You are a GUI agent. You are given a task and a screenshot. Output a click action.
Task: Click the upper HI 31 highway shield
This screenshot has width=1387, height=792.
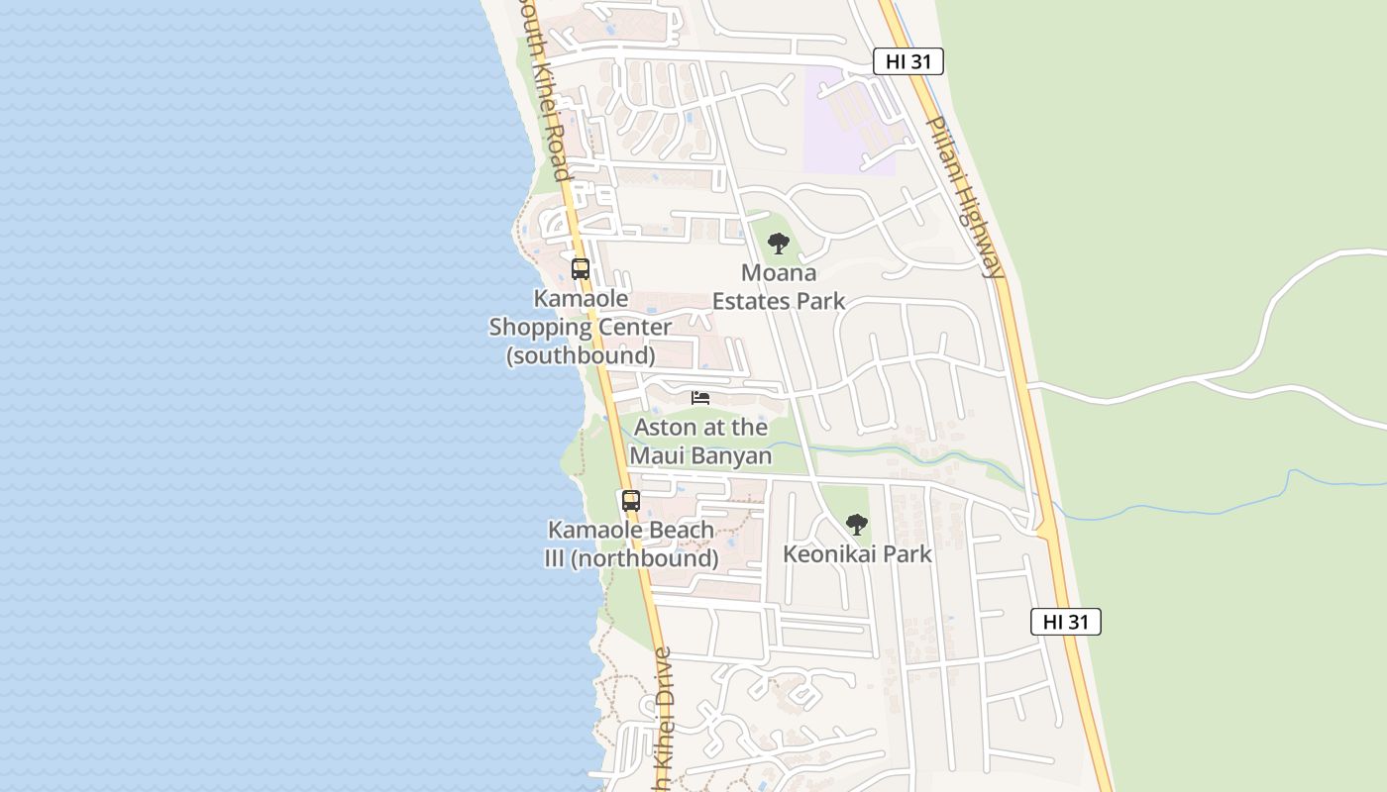[x=907, y=61]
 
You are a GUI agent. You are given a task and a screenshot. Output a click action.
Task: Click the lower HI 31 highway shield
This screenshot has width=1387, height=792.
[x=1065, y=622]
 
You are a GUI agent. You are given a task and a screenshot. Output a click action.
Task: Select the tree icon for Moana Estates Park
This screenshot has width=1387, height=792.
[x=779, y=243]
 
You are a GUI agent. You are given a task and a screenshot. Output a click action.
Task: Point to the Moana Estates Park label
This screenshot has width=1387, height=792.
[x=779, y=286]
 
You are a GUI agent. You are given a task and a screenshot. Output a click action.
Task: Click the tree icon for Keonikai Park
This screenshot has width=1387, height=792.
[x=857, y=525]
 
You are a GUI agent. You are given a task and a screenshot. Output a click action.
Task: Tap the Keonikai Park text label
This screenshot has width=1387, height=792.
[x=857, y=553]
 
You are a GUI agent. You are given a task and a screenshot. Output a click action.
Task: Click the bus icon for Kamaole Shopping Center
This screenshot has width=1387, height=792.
[x=581, y=268]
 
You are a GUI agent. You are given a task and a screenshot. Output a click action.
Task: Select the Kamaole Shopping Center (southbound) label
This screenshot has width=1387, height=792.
[x=581, y=326]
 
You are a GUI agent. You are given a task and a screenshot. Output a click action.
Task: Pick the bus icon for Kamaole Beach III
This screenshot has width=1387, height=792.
[x=631, y=501]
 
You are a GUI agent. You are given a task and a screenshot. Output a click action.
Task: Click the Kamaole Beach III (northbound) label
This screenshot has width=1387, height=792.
[x=631, y=544]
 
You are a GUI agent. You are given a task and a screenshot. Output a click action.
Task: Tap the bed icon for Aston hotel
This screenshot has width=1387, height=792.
[x=700, y=398]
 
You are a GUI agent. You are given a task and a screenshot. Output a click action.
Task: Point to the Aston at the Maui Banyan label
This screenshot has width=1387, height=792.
[x=700, y=441]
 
